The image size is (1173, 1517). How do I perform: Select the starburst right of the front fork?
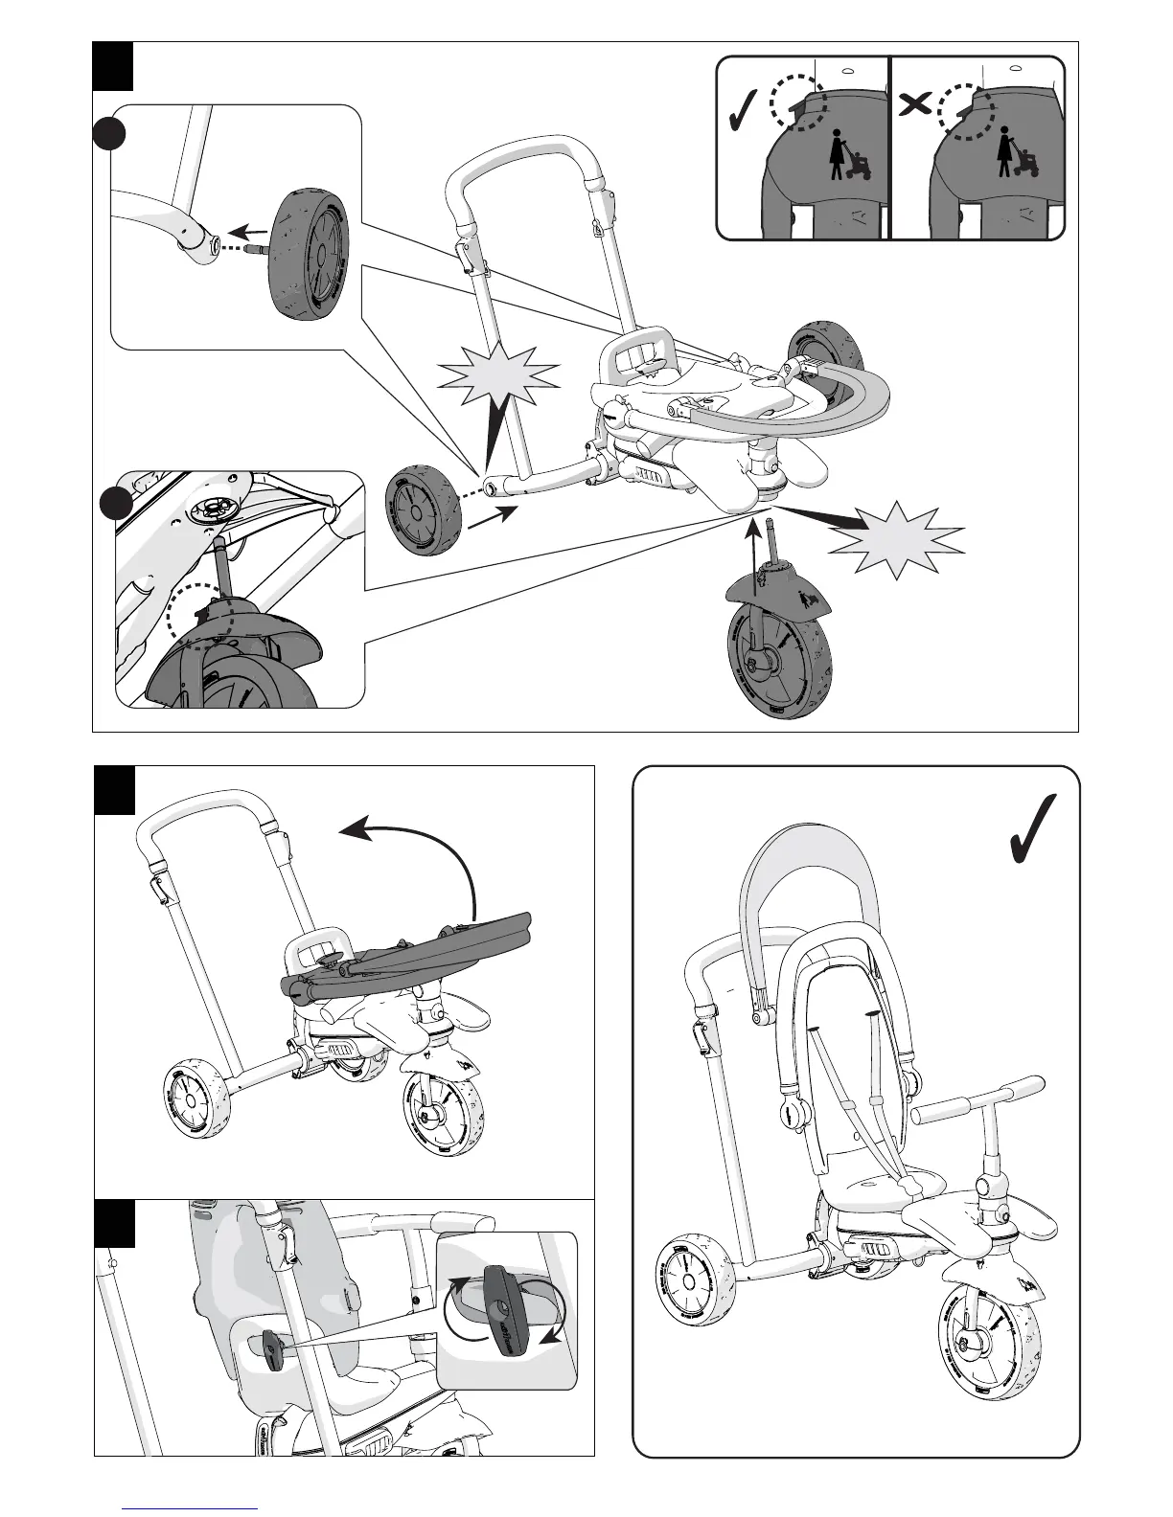click(x=896, y=538)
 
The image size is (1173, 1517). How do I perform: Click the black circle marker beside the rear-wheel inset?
click(x=112, y=136)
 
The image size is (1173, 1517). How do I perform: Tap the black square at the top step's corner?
click(x=113, y=66)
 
